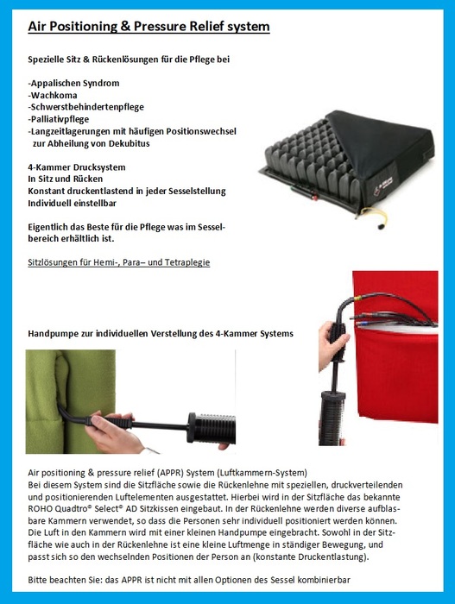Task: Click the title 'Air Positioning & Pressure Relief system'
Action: point(149,28)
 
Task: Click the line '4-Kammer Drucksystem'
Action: point(77,167)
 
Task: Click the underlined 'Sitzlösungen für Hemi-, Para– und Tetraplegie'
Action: point(119,261)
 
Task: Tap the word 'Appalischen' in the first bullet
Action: point(60,83)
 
